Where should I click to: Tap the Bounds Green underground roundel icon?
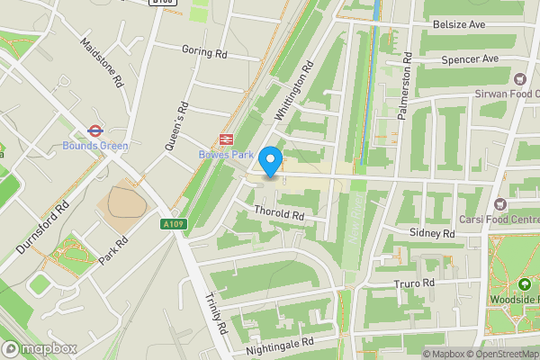click(94, 129)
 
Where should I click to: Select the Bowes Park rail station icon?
click(224, 140)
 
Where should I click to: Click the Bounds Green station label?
click(94, 146)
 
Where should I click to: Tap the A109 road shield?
click(174, 224)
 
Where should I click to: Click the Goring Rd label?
click(204, 52)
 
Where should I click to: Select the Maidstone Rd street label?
click(100, 62)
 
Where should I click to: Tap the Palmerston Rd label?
click(406, 86)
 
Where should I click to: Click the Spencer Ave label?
click(469, 59)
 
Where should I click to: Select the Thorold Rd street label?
click(279, 216)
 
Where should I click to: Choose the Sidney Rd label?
click(432, 233)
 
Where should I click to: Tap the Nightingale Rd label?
click(281, 343)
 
